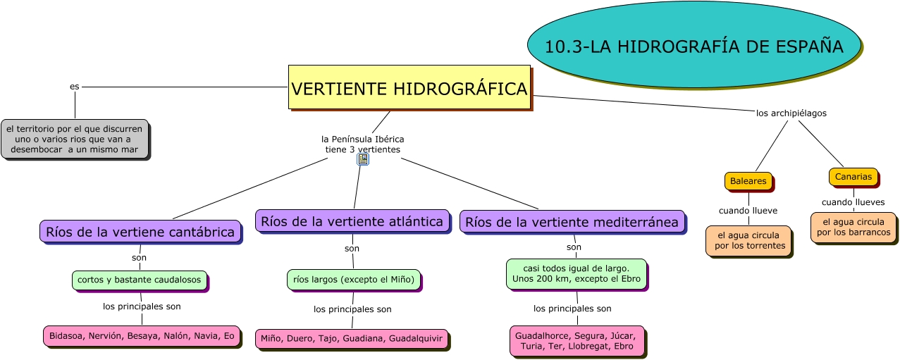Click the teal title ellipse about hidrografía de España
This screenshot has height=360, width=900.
[694, 46]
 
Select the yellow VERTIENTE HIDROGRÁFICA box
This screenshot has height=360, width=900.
[409, 88]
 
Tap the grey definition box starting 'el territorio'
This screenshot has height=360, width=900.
[74, 139]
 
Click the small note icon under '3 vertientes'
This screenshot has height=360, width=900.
[363, 159]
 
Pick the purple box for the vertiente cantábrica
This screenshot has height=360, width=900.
[140, 232]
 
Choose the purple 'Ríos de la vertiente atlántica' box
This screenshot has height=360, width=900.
[352, 221]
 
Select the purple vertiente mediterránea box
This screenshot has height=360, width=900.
[572, 222]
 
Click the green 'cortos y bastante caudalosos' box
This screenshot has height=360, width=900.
[139, 280]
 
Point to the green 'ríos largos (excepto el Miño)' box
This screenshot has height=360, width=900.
[353, 280]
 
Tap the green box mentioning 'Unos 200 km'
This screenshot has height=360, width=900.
[576, 274]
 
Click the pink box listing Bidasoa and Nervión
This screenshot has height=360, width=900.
[141, 336]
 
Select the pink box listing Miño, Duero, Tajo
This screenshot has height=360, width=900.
[351, 338]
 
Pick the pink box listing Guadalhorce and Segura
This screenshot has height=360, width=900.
[576, 340]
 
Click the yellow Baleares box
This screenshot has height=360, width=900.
[748, 181]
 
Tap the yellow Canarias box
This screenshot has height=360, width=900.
[853, 177]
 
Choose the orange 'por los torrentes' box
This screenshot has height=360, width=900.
[748, 240]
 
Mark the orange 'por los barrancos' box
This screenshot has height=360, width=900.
[853, 227]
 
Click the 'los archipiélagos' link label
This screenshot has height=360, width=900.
[791, 113]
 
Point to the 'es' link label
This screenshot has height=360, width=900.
[74, 86]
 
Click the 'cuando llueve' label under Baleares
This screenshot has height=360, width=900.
[748, 210]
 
